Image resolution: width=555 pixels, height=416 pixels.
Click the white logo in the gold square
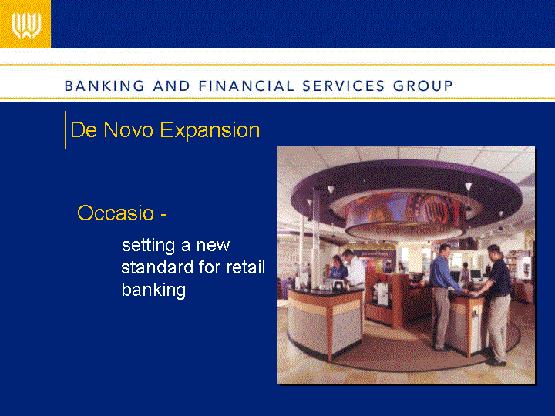26,25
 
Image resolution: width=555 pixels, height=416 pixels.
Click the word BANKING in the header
104,86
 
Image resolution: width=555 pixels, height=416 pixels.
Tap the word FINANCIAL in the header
246,86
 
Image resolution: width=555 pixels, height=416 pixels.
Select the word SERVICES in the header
343,86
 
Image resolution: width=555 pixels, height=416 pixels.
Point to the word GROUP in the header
423,86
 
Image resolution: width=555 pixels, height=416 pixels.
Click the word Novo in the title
128,130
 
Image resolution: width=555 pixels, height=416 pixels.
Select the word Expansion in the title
210,130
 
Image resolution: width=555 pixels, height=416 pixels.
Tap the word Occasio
116,213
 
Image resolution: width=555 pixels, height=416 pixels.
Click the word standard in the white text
157,267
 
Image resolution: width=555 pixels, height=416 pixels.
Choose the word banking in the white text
153,290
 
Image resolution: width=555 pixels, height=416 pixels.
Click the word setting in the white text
148,246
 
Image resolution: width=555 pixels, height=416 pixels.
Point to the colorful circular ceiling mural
405,213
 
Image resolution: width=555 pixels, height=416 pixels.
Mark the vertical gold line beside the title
65,130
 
